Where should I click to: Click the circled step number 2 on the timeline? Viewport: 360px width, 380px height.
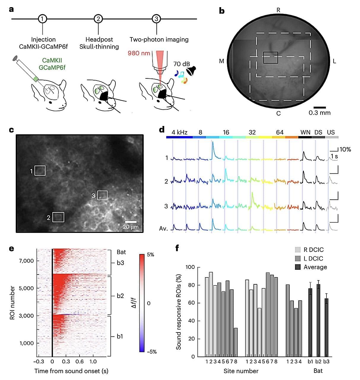[x=98, y=19]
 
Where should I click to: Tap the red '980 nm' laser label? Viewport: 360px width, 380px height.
[x=139, y=53]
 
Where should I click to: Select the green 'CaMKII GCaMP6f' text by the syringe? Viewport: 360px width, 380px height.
[x=52, y=64]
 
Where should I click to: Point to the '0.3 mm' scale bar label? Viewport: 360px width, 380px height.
[x=319, y=113]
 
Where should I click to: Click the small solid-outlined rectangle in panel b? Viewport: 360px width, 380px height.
[x=270, y=58]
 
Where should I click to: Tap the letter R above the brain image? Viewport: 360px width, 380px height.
[x=278, y=10]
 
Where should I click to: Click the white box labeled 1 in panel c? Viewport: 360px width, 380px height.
[x=40, y=171]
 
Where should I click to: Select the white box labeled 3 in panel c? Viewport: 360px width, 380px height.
[x=102, y=195]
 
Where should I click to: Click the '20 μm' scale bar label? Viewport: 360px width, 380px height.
[x=131, y=227]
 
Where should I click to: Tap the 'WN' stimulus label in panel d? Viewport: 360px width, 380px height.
[x=305, y=133]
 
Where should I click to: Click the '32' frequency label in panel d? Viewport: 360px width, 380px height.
[x=252, y=133]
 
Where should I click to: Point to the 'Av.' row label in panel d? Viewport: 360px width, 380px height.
[x=164, y=228]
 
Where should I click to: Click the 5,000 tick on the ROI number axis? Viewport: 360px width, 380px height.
[x=27, y=288]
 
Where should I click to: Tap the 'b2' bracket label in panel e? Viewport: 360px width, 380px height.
[x=120, y=296]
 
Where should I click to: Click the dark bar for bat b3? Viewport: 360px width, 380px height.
[x=326, y=327]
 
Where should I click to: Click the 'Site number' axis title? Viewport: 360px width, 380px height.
[x=241, y=371]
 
